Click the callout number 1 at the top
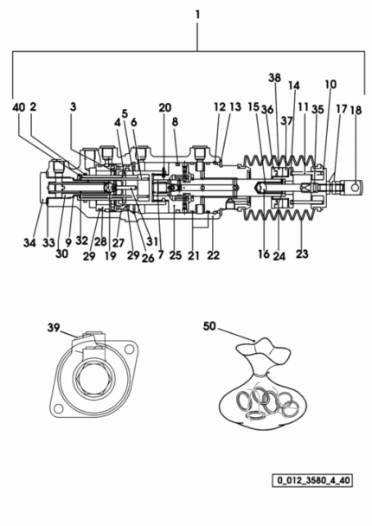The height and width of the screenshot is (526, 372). tap(197, 15)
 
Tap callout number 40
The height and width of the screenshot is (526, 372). tap(19, 107)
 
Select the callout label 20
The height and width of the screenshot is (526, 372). tap(165, 107)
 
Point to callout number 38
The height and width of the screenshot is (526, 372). tap(274, 78)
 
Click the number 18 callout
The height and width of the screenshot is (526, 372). tap(356, 110)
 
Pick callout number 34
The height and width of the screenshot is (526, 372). tap(29, 242)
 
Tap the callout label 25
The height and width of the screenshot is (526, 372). tap(175, 255)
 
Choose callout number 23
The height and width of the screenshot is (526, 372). tap(302, 253)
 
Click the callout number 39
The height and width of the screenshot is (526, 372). tap(54, 327)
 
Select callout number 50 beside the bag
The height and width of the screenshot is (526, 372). tap(209, 326)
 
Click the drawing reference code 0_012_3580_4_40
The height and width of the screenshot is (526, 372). tap(312, 480)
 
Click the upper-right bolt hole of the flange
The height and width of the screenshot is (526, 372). tap(129, 350)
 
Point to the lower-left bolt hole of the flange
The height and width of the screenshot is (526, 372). tap(58, 408)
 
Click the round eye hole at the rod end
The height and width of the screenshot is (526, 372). tap(355, 188)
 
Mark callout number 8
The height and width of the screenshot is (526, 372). tap(175, 122)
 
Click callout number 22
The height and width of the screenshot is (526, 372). tap(214, 255)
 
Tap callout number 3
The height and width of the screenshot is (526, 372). tap(74, 107)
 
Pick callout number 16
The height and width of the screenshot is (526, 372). tap(264, 254)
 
